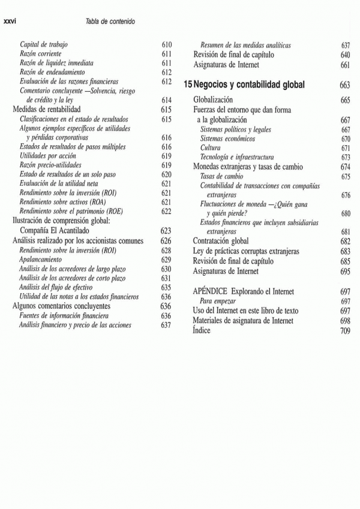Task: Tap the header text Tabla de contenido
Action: click(110, 22)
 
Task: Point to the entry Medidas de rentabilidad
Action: click(46, 110)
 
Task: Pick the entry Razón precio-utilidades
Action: click(50, 165)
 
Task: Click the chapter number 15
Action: click(188, 85)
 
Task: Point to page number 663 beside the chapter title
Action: click(344, 85)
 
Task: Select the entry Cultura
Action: click(210, 147)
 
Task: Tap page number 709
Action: click(344, 330)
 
